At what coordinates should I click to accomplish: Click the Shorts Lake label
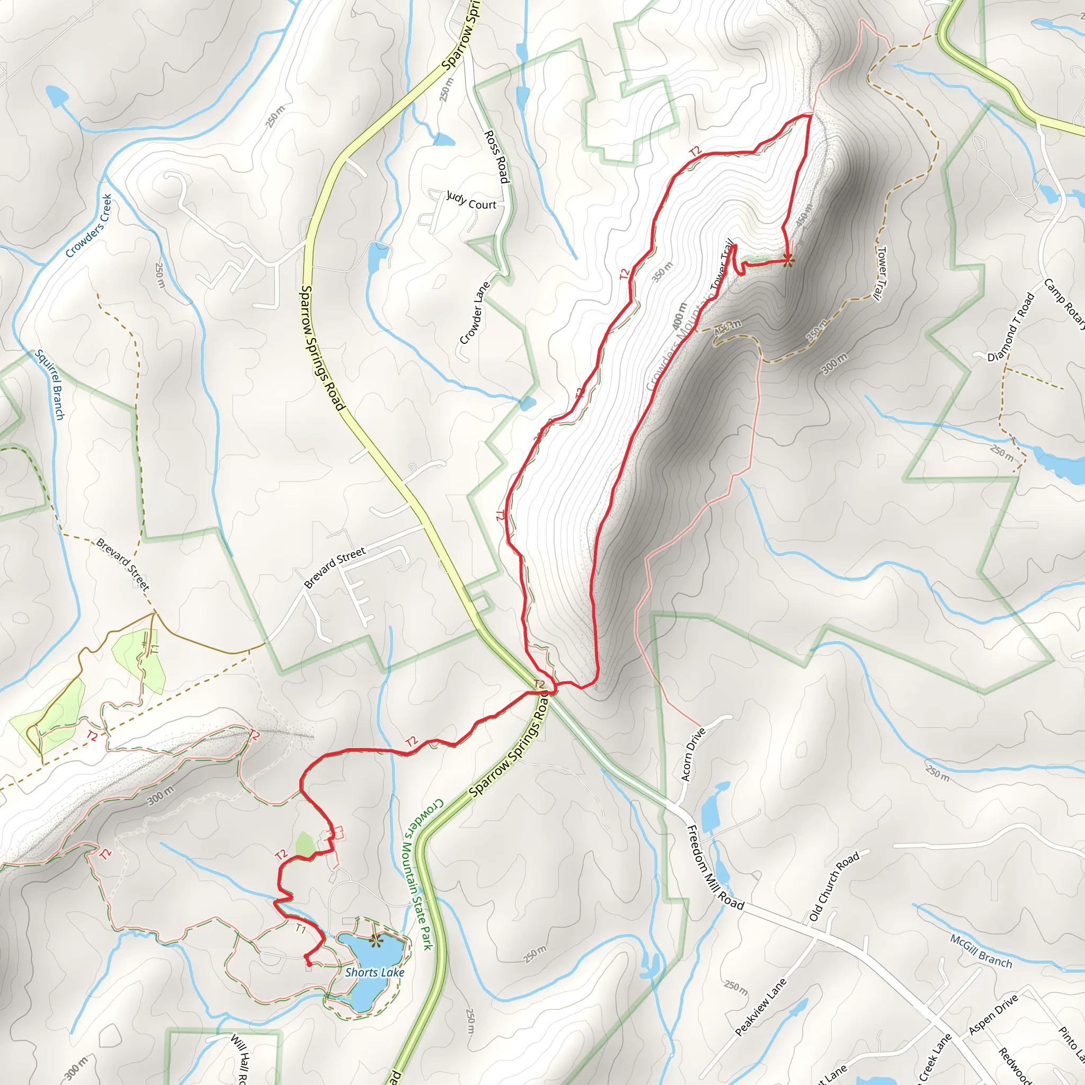[375, 973]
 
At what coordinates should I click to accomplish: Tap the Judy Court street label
[471, 200]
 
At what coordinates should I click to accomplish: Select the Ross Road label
[497, 157]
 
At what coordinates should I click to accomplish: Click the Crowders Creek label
[88, 226]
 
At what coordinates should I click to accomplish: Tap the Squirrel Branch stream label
[50, 385]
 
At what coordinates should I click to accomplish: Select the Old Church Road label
[834, 887]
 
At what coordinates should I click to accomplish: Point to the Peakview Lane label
[760, 1007]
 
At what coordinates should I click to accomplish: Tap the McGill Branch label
[981, 951]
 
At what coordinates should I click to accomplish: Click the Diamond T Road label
[1011, 327]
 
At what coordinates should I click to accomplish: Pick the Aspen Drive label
[993, 1015]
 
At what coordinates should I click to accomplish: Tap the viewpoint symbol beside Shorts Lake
[375, 940]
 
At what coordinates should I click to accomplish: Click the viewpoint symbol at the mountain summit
[788, 260]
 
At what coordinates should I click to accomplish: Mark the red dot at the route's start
[309, 964]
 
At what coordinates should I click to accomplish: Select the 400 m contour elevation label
[680, 316]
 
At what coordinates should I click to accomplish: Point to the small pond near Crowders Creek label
[57, 96]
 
